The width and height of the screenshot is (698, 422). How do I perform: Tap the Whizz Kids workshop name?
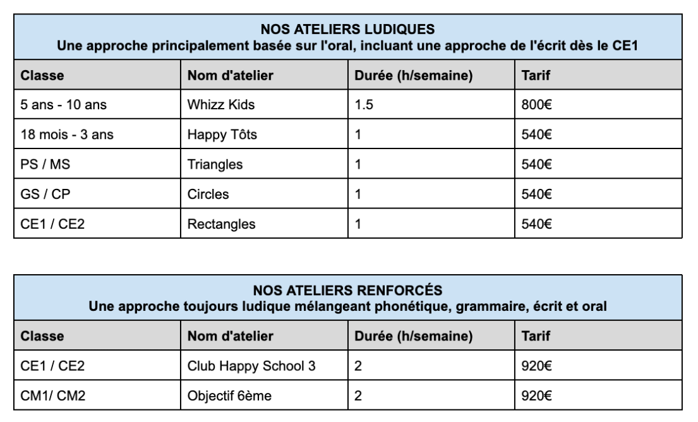[221, 105]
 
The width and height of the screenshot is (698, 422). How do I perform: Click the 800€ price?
[532, 105]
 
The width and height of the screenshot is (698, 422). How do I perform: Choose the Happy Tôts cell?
[221, 135]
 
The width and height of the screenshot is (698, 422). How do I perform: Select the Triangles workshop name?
[215, 164]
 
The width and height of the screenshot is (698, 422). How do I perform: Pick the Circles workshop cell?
[208, 194]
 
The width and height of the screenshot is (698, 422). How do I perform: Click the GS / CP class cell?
[45, 194]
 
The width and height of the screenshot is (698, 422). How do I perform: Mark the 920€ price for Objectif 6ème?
[532, 396]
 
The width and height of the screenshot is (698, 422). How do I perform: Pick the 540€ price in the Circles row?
[532, 194]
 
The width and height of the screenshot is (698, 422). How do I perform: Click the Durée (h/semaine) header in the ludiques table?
[414, 76]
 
